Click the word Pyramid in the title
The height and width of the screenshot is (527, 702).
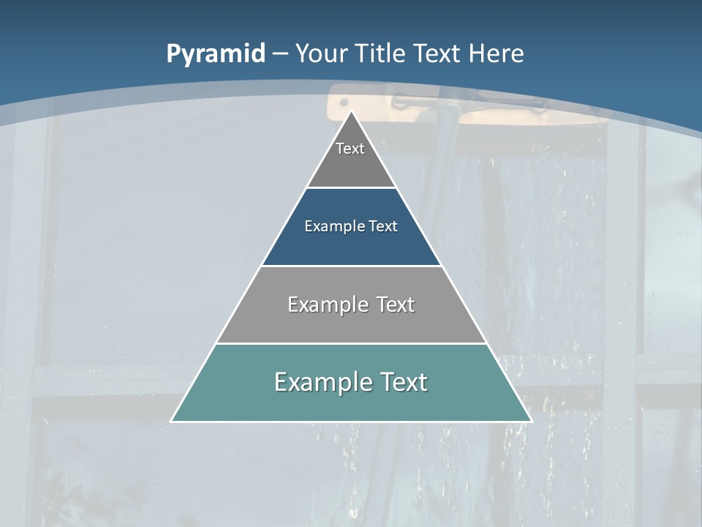pos(215,54)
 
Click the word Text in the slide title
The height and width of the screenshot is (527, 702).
pos(439,53)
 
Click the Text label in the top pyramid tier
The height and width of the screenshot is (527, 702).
pos(350,149)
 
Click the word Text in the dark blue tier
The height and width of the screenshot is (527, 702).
pos(383,226)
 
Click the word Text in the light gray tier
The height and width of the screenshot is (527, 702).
pos(396,304)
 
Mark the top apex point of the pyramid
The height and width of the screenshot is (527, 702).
pos(352,111)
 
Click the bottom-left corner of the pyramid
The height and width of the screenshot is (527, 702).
pos(172,421)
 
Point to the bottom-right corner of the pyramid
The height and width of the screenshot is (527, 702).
pos(530,421)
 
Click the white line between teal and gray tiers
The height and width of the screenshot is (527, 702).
pos(351,343)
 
